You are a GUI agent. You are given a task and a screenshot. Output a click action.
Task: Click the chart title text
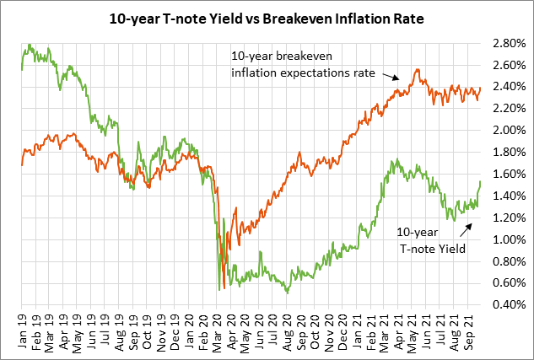(x=266, y=16)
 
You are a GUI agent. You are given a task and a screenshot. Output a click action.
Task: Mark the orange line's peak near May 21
(x=417, y=70)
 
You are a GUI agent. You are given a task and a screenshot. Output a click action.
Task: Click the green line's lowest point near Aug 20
(x=288, y=293)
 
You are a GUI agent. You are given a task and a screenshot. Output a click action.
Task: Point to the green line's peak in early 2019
(x=30, y=45)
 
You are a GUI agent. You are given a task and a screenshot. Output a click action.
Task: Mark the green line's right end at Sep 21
(x=481, y=181)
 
